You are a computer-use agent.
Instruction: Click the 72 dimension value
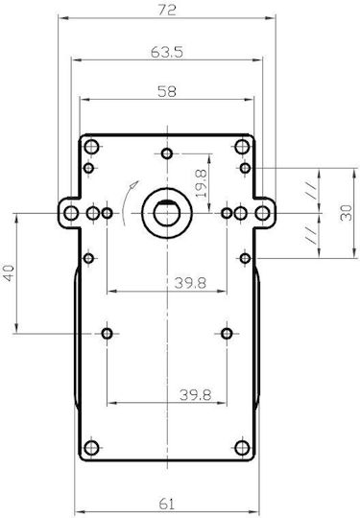tap(167, 10)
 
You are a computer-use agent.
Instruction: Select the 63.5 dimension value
tap(167, 52)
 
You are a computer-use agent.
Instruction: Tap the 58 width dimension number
tap(167, 91)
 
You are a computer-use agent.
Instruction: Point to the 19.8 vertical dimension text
tap(202, 183)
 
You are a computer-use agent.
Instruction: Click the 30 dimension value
tap(347, 213)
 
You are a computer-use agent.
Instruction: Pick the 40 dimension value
tap(9, 272)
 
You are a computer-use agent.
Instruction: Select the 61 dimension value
tap(166, 504)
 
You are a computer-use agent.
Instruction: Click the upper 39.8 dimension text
tap(190, 283)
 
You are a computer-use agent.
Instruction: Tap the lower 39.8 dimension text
tap(196, 395)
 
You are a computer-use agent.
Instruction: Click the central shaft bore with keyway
tap(167, 213)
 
